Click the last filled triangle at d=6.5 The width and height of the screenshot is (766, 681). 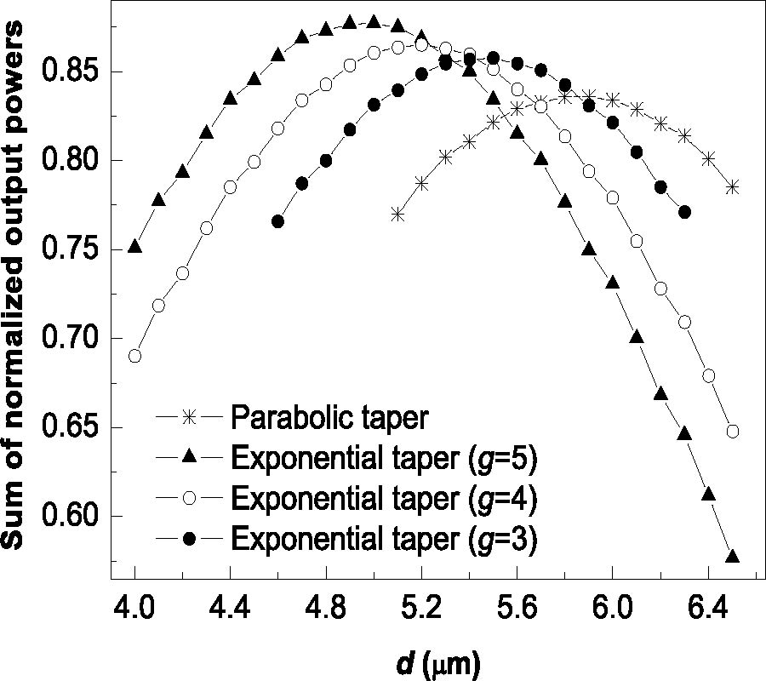[732, 557]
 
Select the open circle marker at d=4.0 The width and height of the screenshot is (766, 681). [134, 356]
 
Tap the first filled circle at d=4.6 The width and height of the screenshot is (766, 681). [278, 221]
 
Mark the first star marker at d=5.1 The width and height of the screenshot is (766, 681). [397, 215]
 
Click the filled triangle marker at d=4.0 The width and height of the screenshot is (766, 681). [134, 246]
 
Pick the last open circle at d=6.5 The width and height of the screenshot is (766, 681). [733, 432]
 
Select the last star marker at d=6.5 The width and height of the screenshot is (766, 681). [732, 187]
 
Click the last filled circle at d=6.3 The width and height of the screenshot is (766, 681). [685, 212]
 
